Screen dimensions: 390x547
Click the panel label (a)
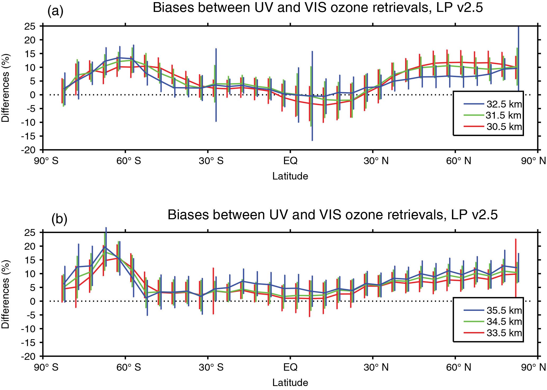[55, 11]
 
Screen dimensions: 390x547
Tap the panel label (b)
[59, 219]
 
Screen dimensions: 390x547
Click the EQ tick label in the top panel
[290, 161]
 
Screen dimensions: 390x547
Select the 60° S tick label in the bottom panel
[129, 367]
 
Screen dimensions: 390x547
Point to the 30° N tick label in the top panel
[376, 161]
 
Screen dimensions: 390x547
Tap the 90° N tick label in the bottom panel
[533, 367]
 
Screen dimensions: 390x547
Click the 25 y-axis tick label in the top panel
[30, 26]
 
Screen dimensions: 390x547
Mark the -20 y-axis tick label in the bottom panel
[29, 356]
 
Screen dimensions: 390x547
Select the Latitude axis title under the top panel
[290, 176]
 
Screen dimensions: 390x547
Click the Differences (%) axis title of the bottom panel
[6, 294]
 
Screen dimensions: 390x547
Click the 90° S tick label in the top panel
[46, 161]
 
